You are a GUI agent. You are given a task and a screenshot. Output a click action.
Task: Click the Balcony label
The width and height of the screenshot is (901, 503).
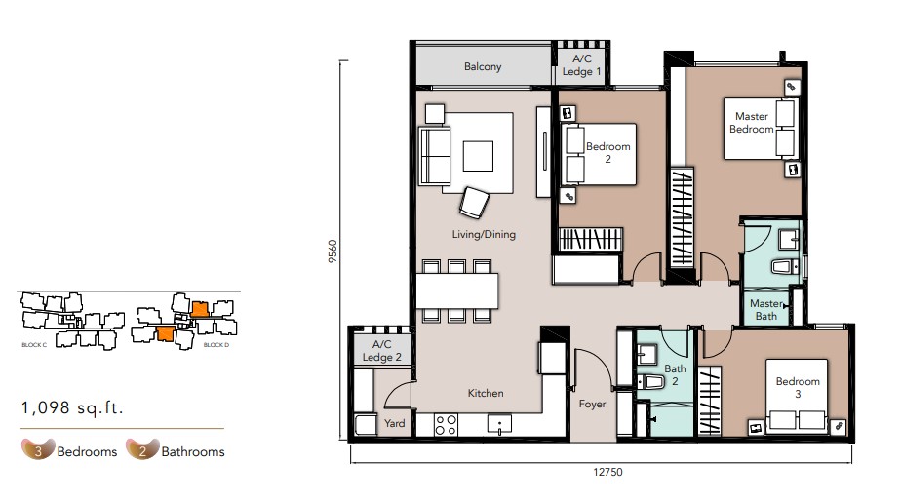[483, 66]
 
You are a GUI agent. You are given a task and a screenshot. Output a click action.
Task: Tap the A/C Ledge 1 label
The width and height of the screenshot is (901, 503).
[581, 65]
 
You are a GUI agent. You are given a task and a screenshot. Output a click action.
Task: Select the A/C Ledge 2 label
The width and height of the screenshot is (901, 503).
[381, 351]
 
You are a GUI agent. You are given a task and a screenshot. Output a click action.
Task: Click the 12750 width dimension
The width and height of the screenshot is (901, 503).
[607, 472]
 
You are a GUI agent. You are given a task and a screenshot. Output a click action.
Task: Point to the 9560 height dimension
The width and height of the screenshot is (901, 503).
[333, 251]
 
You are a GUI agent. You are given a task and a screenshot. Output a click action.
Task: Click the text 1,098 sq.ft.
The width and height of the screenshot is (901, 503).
[72, 407]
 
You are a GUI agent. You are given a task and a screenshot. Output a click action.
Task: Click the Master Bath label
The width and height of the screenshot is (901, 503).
[766, 309]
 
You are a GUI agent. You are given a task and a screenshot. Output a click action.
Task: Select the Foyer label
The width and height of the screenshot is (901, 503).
[592, 405]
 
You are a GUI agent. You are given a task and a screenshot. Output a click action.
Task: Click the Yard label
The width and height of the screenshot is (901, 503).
[394, 423]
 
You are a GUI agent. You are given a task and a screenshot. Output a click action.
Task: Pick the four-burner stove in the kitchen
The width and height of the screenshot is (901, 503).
[446, 425]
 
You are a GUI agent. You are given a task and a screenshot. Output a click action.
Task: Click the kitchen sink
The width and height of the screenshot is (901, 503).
[499, 424]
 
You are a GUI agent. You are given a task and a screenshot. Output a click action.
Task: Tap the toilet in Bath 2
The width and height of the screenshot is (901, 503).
[650, 381]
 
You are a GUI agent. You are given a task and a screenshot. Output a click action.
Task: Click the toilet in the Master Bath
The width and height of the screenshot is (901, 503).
[784, 266]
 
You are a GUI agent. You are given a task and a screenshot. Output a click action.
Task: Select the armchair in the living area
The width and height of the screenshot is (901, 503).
[474, 203]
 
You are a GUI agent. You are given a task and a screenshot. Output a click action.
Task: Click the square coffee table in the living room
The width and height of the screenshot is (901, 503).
[478, 156]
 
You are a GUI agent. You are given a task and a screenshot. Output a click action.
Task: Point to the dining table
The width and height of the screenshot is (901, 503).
[456, 290]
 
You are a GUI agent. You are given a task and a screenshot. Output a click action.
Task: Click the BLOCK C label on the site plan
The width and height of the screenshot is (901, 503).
[34, 345]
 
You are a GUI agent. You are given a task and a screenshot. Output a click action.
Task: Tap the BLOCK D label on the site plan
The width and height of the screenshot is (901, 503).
[216, 345]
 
